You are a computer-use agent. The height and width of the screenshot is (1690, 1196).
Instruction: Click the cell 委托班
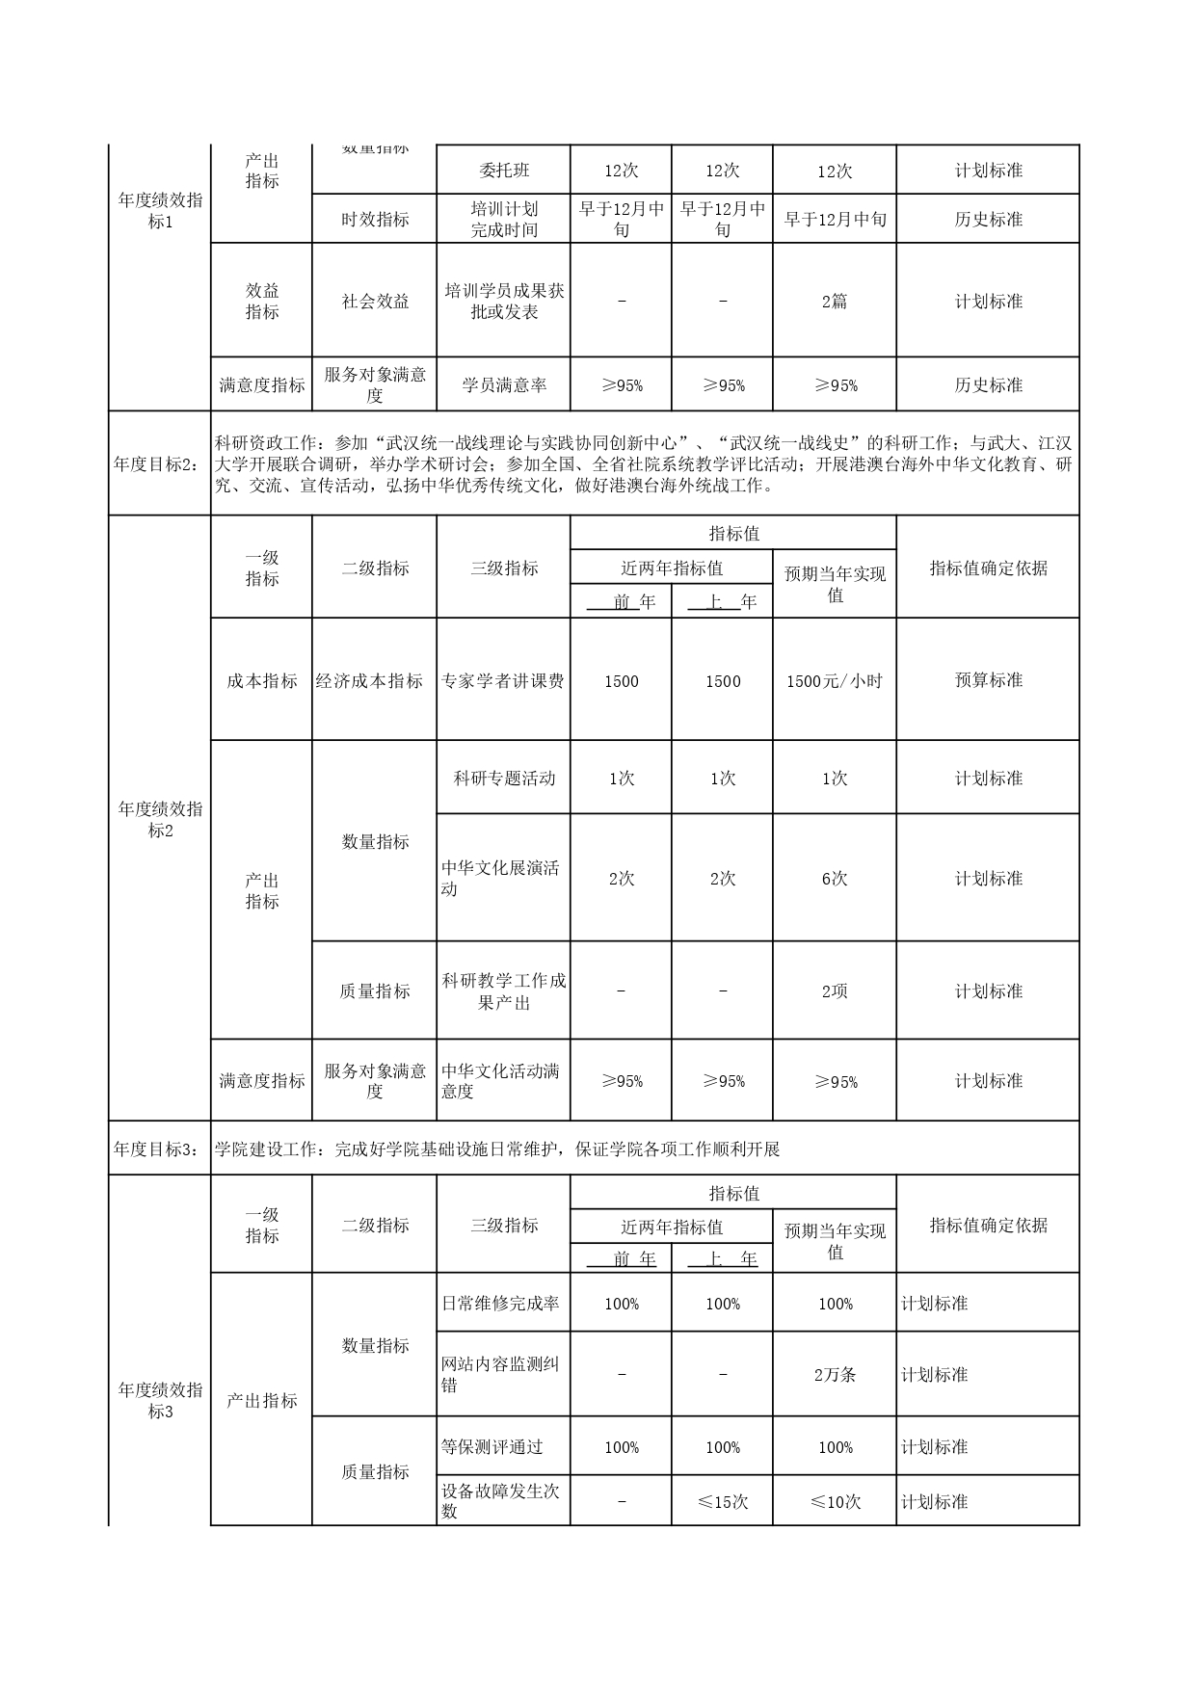pos(503,171)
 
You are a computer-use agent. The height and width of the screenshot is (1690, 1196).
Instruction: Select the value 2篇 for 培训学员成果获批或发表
pos(834,302)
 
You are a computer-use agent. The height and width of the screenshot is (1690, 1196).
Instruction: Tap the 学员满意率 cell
pos(503,385)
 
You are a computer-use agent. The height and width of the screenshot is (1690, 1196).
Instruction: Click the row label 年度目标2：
pos(159,463)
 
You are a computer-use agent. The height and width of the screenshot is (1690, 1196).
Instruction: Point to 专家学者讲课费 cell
pos(503,681)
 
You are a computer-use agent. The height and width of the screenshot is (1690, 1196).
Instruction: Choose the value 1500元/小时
pos(834,681)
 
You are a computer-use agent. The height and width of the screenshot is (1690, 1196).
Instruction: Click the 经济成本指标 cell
pos(374,681)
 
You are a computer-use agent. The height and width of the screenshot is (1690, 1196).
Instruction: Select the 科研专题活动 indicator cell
pos(503,779)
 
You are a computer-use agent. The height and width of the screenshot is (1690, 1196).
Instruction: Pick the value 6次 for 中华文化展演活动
pos(834,879)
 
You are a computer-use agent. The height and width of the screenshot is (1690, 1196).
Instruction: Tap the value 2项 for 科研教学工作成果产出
pos(834,991)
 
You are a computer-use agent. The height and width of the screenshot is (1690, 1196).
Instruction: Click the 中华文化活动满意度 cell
pos(503,1081)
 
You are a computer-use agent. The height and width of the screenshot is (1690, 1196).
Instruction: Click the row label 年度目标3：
pos(159,1149)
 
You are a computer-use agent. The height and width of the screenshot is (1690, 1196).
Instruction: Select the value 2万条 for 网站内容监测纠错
pos(834,1375)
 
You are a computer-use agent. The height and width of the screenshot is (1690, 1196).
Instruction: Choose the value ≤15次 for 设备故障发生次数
pos(723,1502)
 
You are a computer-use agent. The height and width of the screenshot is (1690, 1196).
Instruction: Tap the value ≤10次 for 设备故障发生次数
pos(834,1502)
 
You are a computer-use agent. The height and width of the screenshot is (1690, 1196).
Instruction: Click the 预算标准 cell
pos(988,681)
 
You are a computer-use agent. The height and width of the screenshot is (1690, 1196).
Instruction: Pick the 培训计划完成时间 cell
pos(503,220)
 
